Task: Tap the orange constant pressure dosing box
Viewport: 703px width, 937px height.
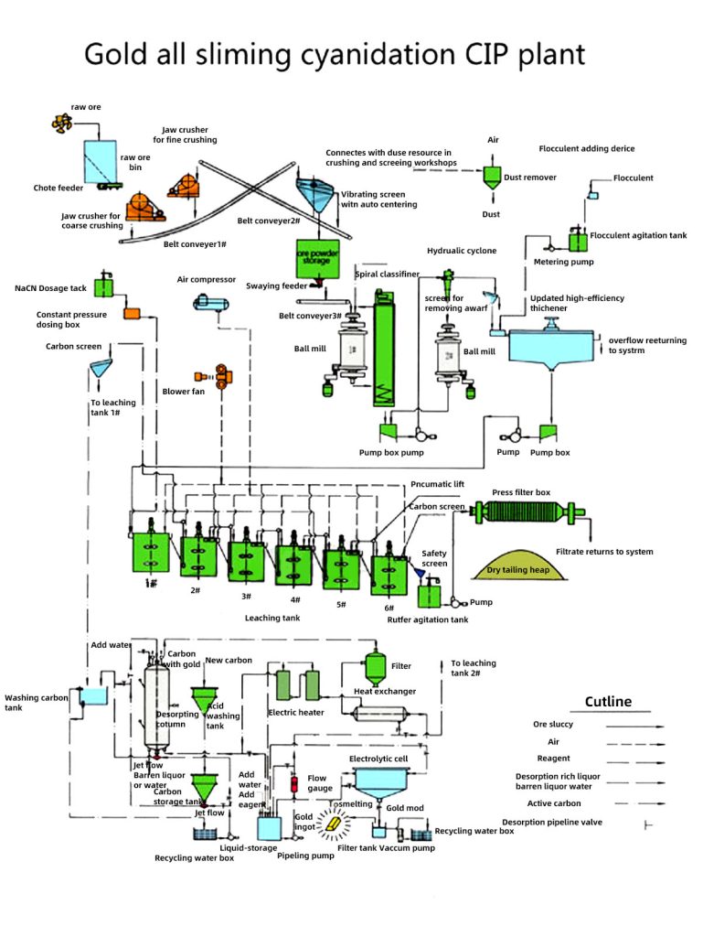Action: (132, 313)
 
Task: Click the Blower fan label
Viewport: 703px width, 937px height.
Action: (183, 391)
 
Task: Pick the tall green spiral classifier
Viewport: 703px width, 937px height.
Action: (384, 348)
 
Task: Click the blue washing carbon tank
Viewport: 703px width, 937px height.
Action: (92, 696)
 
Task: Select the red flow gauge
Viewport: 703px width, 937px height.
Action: (294, 784)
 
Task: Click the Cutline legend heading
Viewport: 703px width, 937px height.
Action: (607, 702)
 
